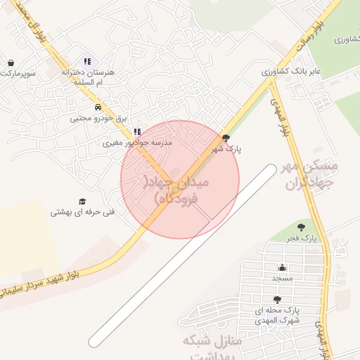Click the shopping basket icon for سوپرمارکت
[11, 62]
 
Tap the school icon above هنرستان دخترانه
[87, 62]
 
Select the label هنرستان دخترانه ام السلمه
[86, 77]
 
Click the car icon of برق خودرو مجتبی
[98, 108]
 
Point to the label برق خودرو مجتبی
[98, 118]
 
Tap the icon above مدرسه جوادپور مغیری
[137, 131]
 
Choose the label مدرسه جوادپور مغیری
[138, 143]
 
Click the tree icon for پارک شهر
[226, 139]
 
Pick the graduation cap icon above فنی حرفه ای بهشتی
[82, 201]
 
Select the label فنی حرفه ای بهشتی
[82, 212]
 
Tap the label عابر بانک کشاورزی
[291, 71]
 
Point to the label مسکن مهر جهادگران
[310, 176]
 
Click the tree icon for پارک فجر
[301, 227]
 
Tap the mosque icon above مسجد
[282, 267]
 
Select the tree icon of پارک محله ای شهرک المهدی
[287, 299]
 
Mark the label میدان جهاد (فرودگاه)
[181, 190]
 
